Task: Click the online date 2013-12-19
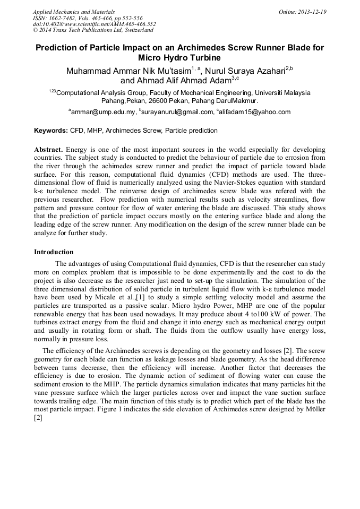click(312, 11)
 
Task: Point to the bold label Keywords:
click(51, 131)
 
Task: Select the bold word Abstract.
click(49, 150)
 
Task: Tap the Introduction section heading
click(54, 252)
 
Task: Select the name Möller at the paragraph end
click(313, 410)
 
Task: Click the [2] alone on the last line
click(38, 418)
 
